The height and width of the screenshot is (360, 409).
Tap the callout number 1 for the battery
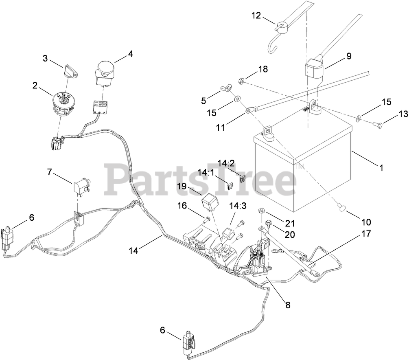click(x=381, y=167)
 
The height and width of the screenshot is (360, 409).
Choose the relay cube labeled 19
click(x=210, y=201)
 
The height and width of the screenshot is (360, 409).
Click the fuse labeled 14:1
click(x=230, y=187)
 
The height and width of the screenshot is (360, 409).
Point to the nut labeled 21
click(x=262, y=211)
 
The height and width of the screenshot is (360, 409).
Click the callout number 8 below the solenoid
click(x=288, y=305)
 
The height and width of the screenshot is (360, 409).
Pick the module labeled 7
click(x=81, y=186)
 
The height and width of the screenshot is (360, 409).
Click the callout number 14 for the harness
click(x=133, y=250)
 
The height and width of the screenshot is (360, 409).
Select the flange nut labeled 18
click(x=241, y=81)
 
